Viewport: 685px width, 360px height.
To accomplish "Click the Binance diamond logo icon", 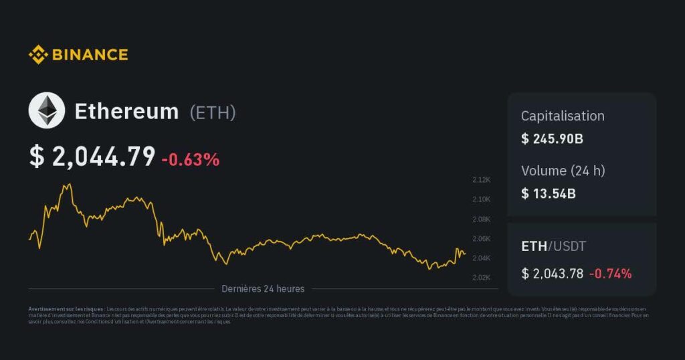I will click(x=38, y=54).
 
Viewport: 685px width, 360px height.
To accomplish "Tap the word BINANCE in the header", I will click(x=89, y=54).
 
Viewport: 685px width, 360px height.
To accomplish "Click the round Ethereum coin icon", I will click(x=47, y=111).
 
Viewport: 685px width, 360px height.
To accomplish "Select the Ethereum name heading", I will click(x=126, y=112).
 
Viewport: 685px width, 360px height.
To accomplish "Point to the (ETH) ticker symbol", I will click(x=213, y=112).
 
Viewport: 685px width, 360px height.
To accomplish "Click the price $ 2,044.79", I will click(x=92, y=157).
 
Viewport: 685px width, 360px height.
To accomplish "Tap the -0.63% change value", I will click(x=191, y=160).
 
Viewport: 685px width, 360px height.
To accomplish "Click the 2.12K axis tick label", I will click(x=482, y=180).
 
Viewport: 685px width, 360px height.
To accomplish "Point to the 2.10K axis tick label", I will click(x=482, y=199).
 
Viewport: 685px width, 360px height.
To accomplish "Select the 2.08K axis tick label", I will click(x=482, y=219).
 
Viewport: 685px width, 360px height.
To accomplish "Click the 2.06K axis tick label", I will click(x=482, y=239).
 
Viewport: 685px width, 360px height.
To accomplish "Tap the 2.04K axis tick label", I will click(x=482, y=258).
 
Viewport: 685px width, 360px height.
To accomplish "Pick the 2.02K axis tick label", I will click(x=482, y=278).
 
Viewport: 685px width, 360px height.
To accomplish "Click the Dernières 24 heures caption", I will click(x=263, y=289).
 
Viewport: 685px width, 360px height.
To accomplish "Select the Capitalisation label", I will click(x=563, y=116).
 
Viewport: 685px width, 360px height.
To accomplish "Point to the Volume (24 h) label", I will click(x=563, y=171).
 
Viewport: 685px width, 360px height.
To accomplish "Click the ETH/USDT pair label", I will click(x=553, y=246).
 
